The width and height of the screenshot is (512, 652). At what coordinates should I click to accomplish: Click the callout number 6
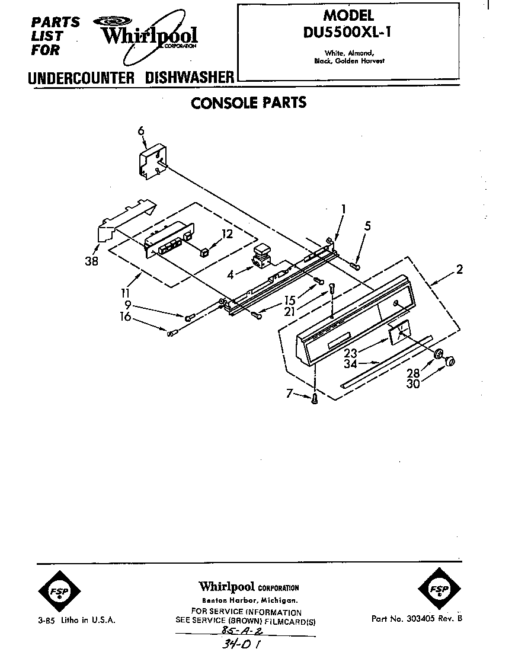(141, 131)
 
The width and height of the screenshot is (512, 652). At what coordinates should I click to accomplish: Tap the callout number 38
(91, 261)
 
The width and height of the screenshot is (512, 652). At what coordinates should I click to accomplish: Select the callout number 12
(227, 234)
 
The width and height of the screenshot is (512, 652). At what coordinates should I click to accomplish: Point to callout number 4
(231, 274)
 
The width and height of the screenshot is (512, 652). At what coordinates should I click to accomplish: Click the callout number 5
(367, 226)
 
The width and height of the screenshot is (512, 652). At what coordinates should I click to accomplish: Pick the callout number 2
(459, 270)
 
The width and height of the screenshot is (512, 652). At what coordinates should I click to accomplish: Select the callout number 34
(350, 364)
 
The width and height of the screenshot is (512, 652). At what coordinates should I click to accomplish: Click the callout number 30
(413, 383)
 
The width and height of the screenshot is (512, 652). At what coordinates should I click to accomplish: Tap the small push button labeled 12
(204, 253)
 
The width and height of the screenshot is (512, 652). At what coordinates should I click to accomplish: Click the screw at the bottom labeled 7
(315, 399)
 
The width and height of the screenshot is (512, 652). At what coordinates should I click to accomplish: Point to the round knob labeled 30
(450, 361)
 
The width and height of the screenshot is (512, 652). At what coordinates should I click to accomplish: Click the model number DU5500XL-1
(347, 32)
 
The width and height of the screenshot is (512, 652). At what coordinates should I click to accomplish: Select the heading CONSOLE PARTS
(248, 103)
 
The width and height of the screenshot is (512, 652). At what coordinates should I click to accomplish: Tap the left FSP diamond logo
(59, 591)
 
